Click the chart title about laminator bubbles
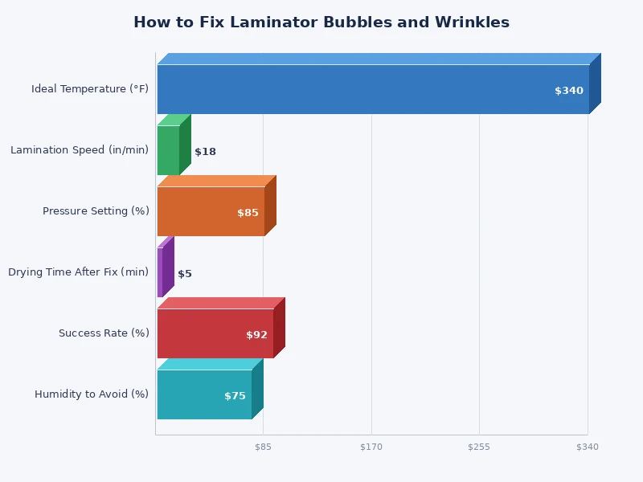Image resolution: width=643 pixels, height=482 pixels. tap(321, 22)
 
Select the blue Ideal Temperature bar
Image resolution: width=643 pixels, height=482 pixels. tap(354, 89)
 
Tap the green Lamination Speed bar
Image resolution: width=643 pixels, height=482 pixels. tap(168, 150)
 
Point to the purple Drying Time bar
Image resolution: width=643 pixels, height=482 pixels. tap(160, 272)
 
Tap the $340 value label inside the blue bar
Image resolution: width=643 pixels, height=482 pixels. tap(568, 91)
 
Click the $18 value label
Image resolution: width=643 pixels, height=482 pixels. tap(205, 152)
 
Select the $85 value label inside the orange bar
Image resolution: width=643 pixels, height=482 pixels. tap(248, 213)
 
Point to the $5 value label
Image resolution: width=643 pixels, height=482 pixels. tap(185, 274)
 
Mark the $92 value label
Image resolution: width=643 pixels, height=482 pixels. tap(256, 335)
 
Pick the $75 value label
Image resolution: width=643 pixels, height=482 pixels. tap(235, 396)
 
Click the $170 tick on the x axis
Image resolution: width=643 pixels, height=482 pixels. tap(371, 447)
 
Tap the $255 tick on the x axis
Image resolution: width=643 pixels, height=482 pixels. tap(479, 447)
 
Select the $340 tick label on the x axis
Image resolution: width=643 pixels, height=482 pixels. tap(588, 447)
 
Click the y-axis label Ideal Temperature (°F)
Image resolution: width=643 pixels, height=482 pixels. tap(90, 89)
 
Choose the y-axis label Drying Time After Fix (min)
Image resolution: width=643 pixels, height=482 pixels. tap(78, 272)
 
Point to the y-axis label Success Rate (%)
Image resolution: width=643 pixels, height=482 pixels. tap(104, 333)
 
